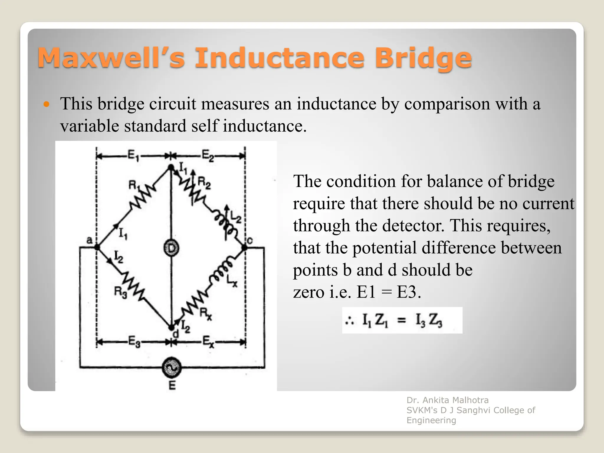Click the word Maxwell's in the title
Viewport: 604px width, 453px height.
pos(111,58)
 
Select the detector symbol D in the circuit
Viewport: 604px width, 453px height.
pos(171,248)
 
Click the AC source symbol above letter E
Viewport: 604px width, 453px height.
pos(171,367)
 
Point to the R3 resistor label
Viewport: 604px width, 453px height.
pos(120,293)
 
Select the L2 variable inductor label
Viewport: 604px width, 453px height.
pos(236,218)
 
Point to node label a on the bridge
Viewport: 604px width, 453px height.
pos(89,240)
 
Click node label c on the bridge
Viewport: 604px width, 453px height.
pos(250,241)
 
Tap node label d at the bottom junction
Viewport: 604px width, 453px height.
pos(175,334)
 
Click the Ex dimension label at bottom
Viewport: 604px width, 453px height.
pos(208,342)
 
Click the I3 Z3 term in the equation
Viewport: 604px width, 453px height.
pos(429,321)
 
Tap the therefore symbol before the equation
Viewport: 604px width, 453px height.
pos(350,321)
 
